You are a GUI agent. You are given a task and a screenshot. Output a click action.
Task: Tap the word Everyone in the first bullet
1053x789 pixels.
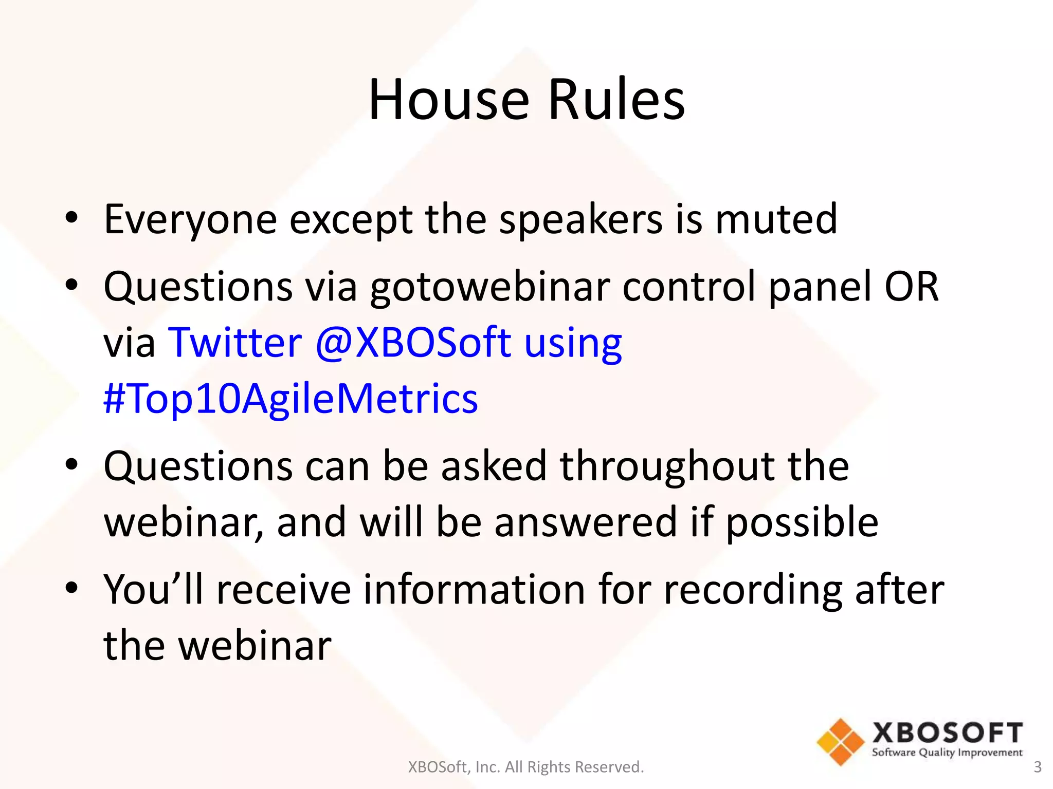[x=190, y=220]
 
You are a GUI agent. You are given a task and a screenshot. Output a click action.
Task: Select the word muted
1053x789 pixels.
[x=776, y=220]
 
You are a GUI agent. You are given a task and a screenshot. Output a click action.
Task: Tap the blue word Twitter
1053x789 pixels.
[x=235, y=343]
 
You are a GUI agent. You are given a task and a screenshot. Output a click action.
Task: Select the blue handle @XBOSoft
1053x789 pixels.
[x=413, y=343]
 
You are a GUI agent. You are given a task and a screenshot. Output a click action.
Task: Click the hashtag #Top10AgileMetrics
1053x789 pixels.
[x=291, y=399]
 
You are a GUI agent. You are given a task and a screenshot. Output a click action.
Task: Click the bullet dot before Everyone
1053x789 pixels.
[x=71, y=218]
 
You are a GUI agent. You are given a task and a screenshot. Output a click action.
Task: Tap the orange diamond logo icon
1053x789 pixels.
[x=840, y=742]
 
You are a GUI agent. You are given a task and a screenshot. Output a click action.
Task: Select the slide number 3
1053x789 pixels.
[x=1037, y=767]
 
